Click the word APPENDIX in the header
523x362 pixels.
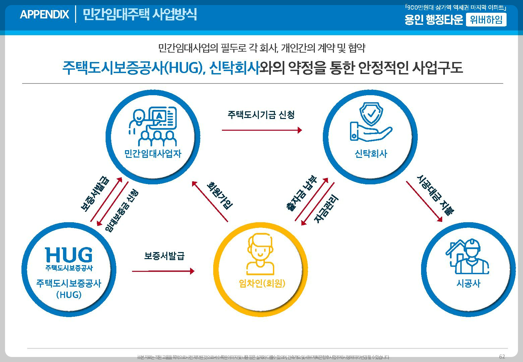pos(44,14)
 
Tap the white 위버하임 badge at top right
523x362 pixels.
pos(486,20)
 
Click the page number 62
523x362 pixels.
pos(502,356)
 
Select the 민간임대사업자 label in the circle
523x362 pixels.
pos(153,154)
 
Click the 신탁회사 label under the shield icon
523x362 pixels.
pos(371,154)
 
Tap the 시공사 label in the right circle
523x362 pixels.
pos(468,284)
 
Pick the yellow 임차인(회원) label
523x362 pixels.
pos(262,284)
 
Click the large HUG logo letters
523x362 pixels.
pos(69,255)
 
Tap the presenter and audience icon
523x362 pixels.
pos(153,125)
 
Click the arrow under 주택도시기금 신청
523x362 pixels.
pos(262,130)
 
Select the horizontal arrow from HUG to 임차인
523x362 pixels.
pos(163,271)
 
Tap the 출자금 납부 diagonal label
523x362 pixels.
pos(301,193)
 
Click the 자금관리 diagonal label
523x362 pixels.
pos(326,210)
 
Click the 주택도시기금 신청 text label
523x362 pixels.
pos(261,115)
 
